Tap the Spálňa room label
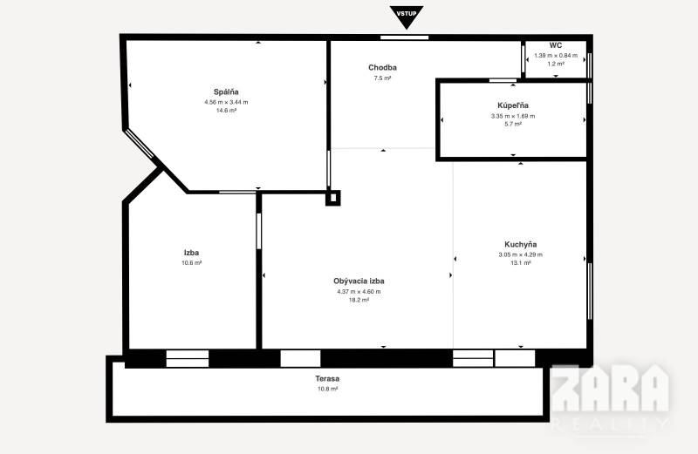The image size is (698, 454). (226, 91)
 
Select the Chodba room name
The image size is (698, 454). (382, 67)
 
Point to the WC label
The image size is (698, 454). (555, 45)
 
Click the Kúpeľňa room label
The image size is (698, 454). (512, 105)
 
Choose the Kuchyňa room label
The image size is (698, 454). (520, 244)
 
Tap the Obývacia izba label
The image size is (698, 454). (359, 281)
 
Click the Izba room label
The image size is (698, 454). (192, 253)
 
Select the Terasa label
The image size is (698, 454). (327, 378)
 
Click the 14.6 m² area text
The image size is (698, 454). (226, 111)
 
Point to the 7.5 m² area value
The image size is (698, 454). (382, 78)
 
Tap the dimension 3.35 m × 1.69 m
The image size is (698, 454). (512, 116)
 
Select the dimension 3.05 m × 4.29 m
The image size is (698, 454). (520, 254)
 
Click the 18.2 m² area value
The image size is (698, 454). (359, 300)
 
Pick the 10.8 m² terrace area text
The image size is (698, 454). (327, 389)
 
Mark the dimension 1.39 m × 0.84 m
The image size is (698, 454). (555, 56)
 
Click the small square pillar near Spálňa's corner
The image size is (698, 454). (332, 198)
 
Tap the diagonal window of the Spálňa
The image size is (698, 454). (140, 144)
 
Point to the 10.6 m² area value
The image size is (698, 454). (192, 262)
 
